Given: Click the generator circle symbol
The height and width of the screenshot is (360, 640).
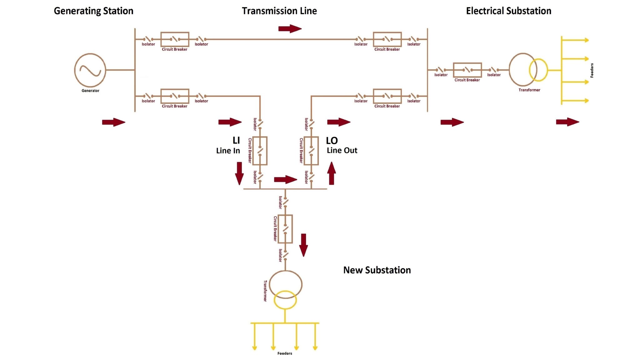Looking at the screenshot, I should coord(90,70).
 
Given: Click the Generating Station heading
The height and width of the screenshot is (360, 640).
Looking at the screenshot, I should coord(93,11).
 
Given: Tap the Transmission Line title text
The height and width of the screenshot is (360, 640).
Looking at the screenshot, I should coord(279,11).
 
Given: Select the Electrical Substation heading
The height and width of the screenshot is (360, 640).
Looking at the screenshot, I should coord(508,11).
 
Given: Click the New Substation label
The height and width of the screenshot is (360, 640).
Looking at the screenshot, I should coord(377,270).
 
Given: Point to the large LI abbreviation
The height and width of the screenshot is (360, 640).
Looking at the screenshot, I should coord(236,140).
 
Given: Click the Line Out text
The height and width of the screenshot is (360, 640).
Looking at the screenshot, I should coord(342,150).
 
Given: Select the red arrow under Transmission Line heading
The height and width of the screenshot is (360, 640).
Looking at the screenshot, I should coord(290,29).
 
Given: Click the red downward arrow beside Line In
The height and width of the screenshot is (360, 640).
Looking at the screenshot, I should coord(239,173).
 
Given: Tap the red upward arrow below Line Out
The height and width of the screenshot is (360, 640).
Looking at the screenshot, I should coord(332,173).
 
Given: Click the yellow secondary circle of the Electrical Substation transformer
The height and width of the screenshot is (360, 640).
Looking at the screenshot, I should coord(538,70).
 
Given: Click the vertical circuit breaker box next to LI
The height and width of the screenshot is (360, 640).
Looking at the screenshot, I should coord(260,151).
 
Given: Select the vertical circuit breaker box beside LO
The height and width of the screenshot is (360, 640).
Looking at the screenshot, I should coord(311,151).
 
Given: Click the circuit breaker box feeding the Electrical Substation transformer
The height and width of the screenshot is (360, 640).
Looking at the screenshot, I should coord(467,70).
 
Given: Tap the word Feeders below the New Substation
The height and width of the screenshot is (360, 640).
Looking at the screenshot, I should coord(285,353).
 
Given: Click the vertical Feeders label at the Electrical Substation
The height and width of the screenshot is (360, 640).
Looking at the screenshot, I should coord(592,70).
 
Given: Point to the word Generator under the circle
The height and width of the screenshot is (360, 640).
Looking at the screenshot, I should coord(90,91).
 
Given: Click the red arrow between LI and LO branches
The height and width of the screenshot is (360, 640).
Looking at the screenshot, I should coord(285,179).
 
